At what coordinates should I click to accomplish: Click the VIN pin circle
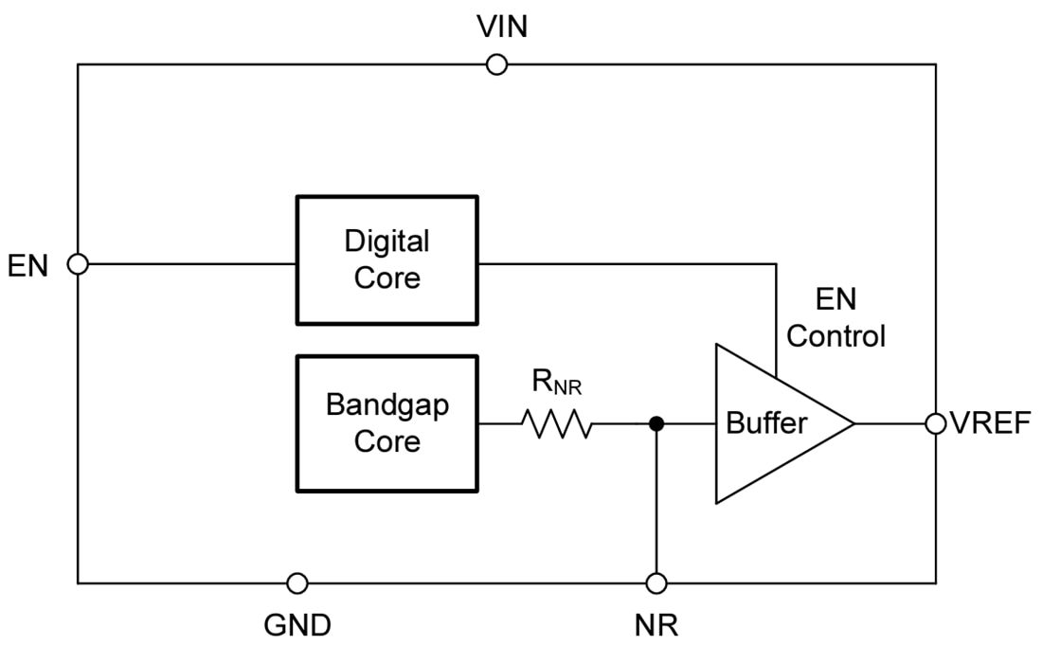point(495,64)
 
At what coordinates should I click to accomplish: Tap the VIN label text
point(502,27)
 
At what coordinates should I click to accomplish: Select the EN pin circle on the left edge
point(79,264)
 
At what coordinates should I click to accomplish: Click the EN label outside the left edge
point(28,265)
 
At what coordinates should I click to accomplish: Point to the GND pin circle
point(297,582)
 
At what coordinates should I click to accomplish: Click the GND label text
point(296,625)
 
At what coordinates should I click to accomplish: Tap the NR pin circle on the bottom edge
point(656,582)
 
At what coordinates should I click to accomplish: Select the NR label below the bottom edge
point(656,625)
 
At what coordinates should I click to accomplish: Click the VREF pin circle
point(936,423)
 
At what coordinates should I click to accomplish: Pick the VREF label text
point(990,423)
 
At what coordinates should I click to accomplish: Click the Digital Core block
point(386,260)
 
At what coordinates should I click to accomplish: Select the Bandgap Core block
point(386,423)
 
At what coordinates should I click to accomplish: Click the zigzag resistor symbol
point(556,424)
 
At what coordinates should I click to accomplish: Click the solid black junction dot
point(656,423)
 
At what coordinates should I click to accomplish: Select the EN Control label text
point(835,317)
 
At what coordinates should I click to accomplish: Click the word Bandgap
point(386,404)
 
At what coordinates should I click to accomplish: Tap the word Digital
point(386,242)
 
